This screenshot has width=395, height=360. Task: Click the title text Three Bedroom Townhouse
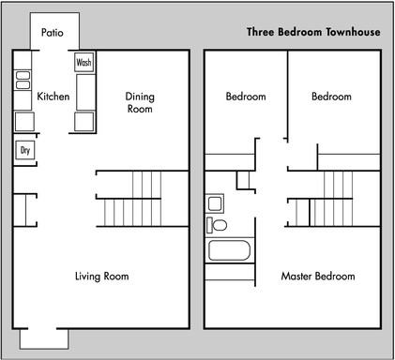coord(312,32)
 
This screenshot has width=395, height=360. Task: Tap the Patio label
coord(53,33)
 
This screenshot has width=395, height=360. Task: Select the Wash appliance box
coord(84,63)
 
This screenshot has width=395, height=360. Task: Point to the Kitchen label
coord(53,97)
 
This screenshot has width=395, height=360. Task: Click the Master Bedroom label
coord(318,277)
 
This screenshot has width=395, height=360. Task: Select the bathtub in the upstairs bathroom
coord(228,250)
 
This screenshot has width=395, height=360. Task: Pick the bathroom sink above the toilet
coord(215,203)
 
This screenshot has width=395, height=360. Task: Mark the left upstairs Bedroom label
coord(246,97)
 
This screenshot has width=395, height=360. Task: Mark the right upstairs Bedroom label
coord(331,97)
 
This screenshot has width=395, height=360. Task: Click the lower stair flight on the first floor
coord(131,214)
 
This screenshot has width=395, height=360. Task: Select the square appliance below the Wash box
coord(84,121)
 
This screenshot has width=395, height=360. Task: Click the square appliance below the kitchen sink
coord(23,121)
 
